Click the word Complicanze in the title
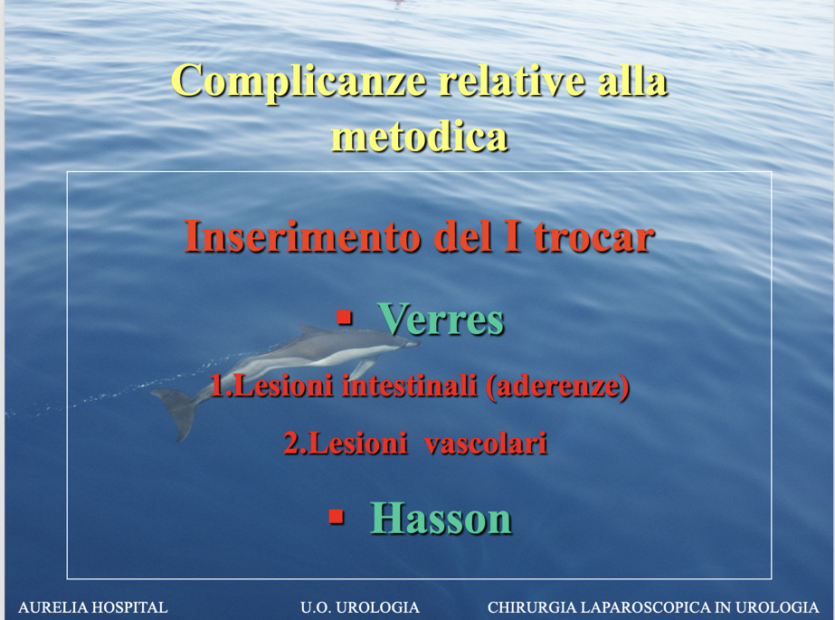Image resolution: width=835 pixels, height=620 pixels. pos(299,81)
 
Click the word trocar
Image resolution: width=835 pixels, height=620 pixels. pos(594,237)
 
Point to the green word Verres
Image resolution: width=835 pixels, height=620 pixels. pos(441,320)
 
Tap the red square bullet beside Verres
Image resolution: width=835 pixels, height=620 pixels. pos(345,318)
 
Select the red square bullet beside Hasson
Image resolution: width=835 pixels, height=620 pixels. pos(336,516)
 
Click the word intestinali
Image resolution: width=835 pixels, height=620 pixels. pos(409,385)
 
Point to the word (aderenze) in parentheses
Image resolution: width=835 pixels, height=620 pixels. pos(557,386)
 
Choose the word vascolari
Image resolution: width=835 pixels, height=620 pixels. pos(486,443)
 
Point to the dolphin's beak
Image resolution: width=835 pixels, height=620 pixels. pos(413,344)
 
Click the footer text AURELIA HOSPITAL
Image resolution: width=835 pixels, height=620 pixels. pos(93,607)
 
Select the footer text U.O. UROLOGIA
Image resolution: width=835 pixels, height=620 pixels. pos(360,607)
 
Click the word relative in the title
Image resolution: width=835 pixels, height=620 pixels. pos(513,81)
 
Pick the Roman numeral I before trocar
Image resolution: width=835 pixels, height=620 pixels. pos(512,236)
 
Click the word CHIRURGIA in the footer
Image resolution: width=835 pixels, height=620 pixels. pos(531,607)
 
